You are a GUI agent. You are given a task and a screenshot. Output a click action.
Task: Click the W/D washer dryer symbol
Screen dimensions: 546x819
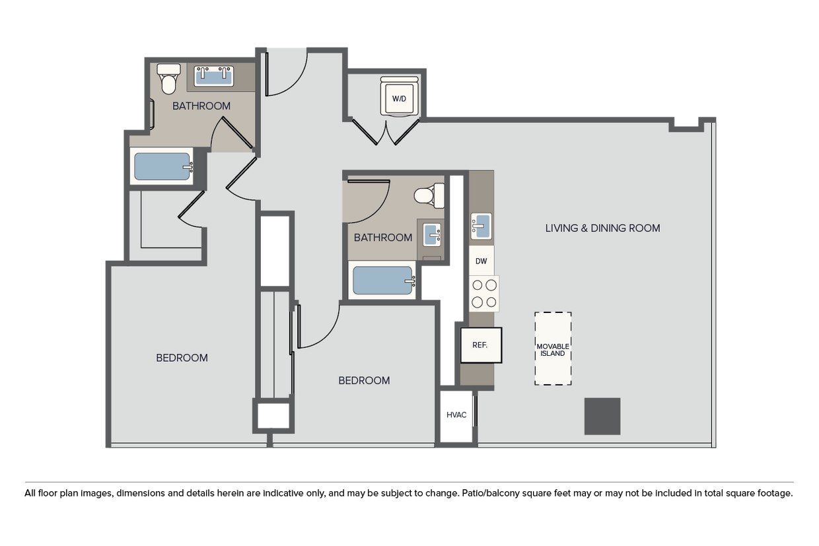399,98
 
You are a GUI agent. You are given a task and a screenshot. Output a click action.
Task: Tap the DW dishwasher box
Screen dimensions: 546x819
481,261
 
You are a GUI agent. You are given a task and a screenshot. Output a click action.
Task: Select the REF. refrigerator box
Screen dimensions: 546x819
480,345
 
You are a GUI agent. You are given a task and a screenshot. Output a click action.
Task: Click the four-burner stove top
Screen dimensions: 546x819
483,294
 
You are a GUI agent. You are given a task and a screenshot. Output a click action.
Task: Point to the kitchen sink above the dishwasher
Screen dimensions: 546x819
480,226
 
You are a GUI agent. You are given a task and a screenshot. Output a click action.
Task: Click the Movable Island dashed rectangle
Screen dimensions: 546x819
553,349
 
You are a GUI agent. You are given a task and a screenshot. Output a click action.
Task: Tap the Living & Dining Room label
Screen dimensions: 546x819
602,228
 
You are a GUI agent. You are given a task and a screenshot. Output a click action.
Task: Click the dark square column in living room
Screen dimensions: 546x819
602,416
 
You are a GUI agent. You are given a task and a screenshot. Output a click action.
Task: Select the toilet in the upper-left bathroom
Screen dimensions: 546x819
170,79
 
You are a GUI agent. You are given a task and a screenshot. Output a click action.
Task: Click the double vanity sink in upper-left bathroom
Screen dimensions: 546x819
215,76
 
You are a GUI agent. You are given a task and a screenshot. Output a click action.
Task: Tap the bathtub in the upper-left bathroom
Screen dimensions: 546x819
162,166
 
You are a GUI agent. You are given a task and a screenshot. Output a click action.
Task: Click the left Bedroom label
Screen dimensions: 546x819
182,358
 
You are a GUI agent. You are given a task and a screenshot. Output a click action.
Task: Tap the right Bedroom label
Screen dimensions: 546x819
364,380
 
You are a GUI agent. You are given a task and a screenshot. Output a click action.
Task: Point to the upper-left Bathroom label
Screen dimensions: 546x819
201,106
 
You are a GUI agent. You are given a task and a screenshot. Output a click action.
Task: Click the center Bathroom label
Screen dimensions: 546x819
383,238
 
